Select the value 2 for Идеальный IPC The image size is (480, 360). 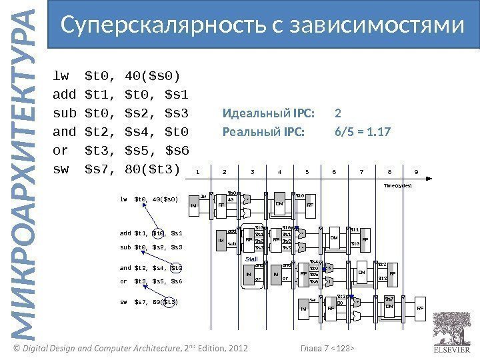point(337,112)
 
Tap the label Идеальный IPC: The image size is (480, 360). point(269,112)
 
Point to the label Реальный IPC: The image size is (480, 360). point(263,131)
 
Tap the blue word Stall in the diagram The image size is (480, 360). point(251,259)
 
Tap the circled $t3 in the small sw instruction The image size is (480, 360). point(169,302)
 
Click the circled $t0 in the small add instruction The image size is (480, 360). point(158,233)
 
